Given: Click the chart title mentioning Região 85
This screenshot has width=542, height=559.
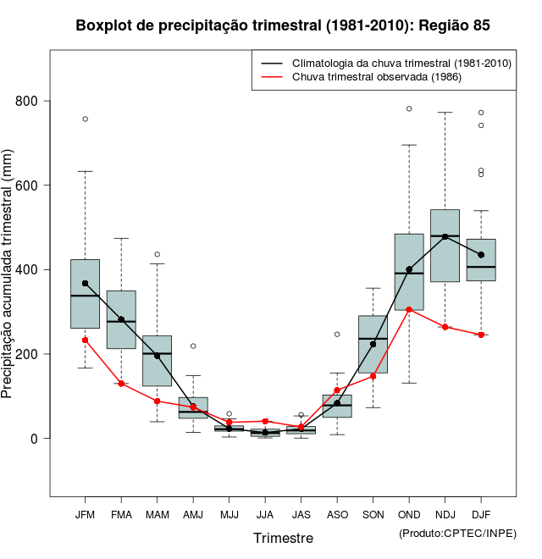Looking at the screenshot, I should (x=283, y=25).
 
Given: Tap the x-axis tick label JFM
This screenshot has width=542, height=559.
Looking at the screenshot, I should (x=85, y=515).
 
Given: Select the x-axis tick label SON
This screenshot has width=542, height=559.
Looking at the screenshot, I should (x=373, y=515).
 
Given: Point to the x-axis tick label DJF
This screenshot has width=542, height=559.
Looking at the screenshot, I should (x=481, y=515).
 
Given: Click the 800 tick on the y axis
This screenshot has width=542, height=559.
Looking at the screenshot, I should (x=33, y=102).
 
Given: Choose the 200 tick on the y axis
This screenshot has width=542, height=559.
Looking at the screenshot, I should (x=33, y=354).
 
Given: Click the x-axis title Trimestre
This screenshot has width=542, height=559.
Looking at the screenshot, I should (x=283, y=538).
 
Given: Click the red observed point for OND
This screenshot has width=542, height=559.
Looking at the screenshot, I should (x=409, y=310).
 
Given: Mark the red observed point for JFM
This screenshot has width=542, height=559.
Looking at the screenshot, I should (x=85, y=340).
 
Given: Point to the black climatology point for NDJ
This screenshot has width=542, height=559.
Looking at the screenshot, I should (x=445, y=237).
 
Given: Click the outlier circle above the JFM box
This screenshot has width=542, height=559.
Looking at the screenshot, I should (x=85, y=119).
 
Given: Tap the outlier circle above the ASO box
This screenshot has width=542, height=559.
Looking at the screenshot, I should (x=337, y=335).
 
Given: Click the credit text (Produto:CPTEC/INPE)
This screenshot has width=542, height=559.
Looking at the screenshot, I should (x=457, y=534).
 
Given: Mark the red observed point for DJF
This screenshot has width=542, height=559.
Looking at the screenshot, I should (x=481, y=335).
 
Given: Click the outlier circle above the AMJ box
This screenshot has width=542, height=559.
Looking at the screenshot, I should (x=193, y=346).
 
